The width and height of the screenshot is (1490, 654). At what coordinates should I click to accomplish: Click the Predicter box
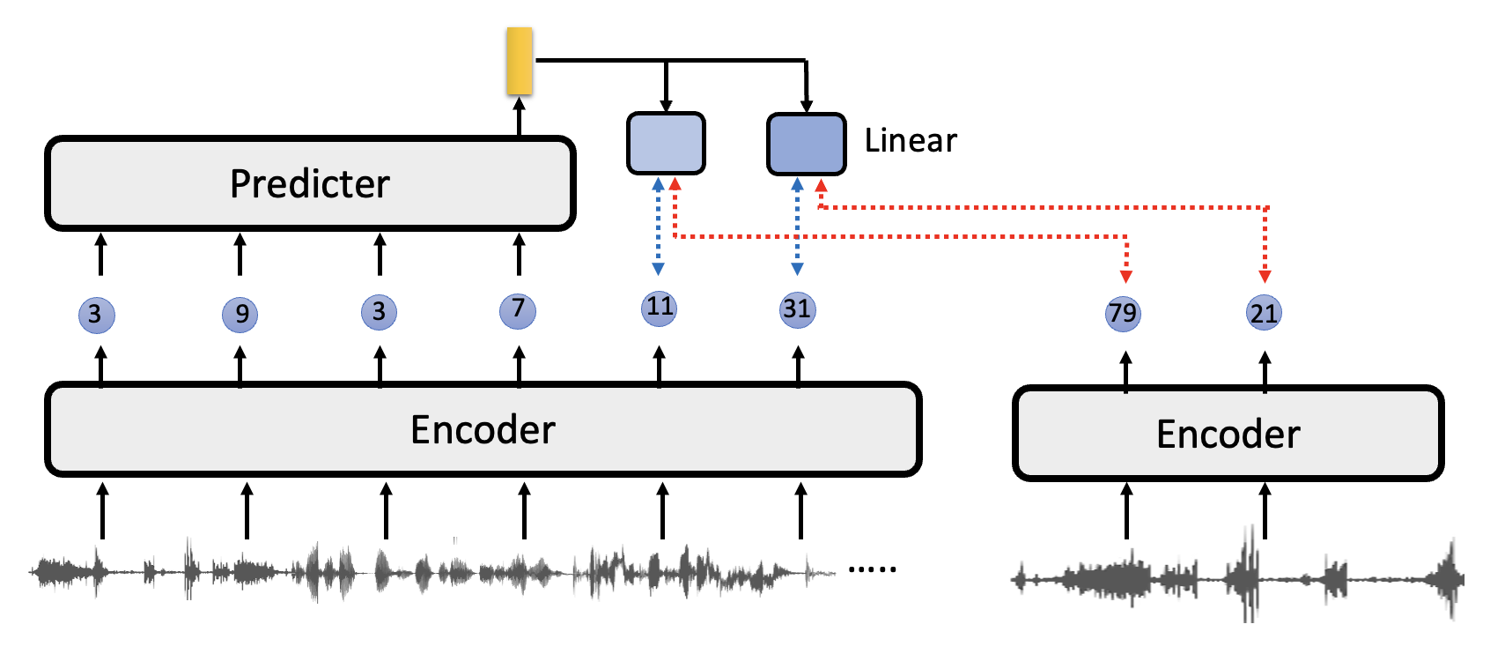[310, 183]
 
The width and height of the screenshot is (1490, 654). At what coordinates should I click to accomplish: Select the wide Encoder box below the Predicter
[483, 430]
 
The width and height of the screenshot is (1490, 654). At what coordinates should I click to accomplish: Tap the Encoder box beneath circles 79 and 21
[1228, 434]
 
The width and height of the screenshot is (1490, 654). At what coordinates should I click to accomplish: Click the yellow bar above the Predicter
[520, 61]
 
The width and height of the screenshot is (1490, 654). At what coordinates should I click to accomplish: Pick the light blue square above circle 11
[666, 143]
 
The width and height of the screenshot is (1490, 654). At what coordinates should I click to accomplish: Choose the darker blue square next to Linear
[806, 144]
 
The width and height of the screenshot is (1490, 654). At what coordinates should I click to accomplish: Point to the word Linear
[911, 141]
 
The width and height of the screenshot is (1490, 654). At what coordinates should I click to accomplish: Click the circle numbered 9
[240, 315]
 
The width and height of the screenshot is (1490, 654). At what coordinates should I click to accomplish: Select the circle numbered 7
[518, 310]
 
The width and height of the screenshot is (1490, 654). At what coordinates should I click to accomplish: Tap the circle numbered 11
[660, 308]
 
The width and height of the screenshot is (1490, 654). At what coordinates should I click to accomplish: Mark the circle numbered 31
[797, 309]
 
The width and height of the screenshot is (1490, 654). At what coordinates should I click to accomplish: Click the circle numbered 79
[1123, 314]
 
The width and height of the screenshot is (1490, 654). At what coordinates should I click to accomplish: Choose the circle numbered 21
[1264, 314]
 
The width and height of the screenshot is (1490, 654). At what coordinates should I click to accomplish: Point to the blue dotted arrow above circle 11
[658, 227]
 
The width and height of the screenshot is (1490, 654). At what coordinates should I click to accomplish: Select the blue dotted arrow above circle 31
[797, 227]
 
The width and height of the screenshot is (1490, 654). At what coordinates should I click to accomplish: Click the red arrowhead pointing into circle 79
[1125, 276]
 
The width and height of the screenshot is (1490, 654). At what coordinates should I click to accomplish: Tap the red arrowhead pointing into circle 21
[1265, 276]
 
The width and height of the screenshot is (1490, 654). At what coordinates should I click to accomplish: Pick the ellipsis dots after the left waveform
[872, 569]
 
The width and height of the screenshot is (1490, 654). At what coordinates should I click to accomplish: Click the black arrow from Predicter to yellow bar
[520, 116]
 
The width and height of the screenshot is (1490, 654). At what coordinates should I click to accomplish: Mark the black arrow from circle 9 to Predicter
[240, 254]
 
